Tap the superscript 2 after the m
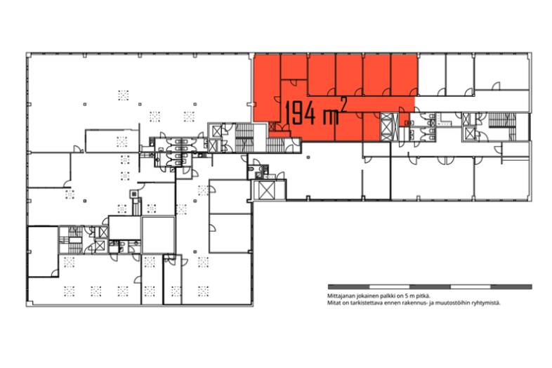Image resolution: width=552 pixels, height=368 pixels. pos(343,105)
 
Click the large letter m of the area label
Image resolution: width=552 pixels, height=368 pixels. pos(331,117)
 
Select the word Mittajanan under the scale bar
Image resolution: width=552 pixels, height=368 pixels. pos(340,296)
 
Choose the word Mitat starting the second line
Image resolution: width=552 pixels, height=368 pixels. pos(334,303)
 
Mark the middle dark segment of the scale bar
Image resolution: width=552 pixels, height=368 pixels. pos(430,287)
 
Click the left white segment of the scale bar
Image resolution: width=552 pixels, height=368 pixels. pos(389,287)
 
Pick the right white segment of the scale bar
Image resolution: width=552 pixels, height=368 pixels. pos(471,287)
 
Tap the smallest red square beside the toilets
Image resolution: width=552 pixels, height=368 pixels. pos(404,119)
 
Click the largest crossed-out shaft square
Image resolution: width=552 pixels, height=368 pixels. pos(266,190)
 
